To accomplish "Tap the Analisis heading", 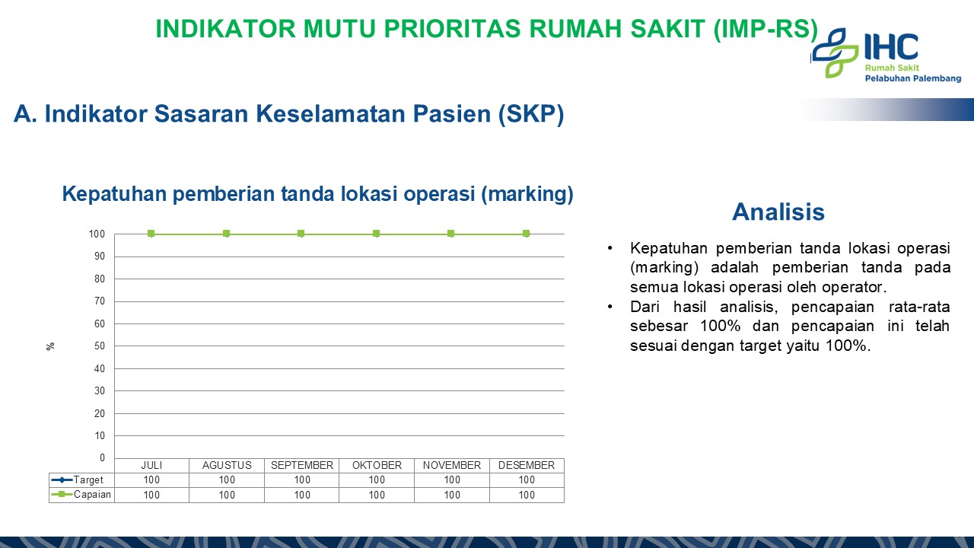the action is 778,212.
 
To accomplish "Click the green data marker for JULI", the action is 151,234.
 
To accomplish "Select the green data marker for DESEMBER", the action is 526,234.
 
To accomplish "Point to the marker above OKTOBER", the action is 377,234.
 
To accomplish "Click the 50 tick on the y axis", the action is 100,346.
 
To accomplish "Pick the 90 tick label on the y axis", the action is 100,256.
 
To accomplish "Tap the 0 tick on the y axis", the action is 102,457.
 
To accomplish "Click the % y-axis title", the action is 50,346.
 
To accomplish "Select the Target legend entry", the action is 77,479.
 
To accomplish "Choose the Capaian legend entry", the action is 81,495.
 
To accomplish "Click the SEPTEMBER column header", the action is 302,465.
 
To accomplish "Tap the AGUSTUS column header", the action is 227,465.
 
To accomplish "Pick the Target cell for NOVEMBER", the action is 452,479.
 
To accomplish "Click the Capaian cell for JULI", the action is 151,495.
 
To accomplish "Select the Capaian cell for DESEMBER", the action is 527,495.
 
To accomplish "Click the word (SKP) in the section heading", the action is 531,114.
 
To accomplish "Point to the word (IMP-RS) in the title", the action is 766,29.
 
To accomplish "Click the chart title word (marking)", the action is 527,194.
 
